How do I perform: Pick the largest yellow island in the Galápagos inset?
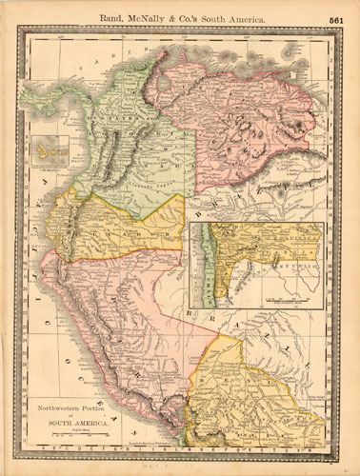pyautogui.click(x=42, y=151)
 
